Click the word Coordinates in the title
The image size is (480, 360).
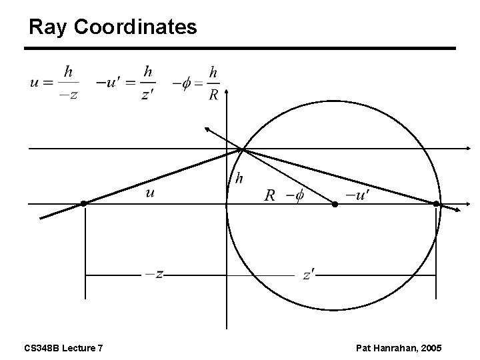(135, 27)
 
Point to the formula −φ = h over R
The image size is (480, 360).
(196, 82)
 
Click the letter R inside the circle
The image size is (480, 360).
(269, 195)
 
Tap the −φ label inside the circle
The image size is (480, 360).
(294, 195)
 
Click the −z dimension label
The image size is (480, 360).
(154, 274)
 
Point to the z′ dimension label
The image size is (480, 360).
(308, 275)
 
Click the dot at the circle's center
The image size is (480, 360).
(335, 204)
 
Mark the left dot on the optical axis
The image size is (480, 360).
(84, 203)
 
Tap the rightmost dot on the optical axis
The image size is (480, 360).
(436, 203)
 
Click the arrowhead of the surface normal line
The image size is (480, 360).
(208, 128)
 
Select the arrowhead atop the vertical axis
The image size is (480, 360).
(227, 89)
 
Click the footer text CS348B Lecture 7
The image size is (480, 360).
(63, 348)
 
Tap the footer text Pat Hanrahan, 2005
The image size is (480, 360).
(399, 348)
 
